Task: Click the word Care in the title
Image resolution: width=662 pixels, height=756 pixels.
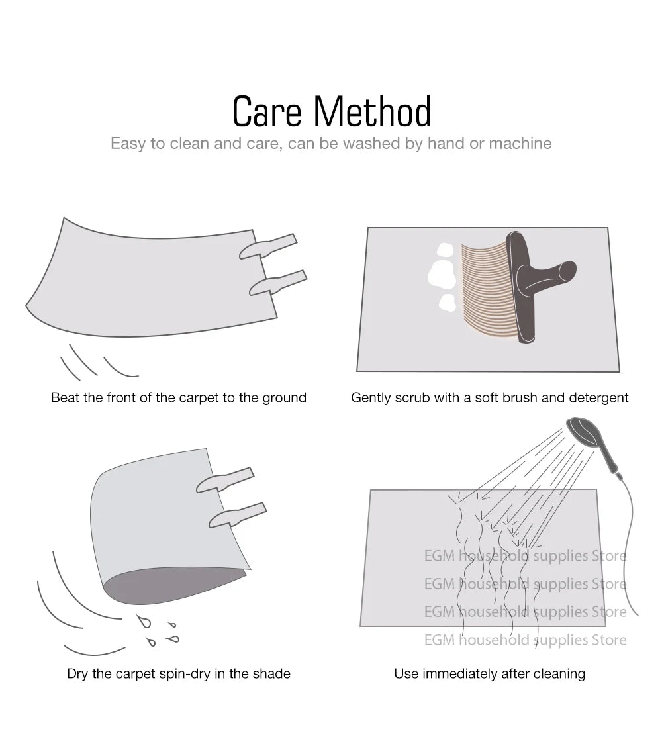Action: (x=267, y=111)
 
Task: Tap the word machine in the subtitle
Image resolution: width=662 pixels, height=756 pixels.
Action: (x=520, y=143)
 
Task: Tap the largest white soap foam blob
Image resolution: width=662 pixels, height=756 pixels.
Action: (x=442, y=275)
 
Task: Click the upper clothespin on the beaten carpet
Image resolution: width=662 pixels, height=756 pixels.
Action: (x=268, y=246)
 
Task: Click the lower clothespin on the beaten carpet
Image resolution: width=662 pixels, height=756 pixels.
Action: (x=278, y=283)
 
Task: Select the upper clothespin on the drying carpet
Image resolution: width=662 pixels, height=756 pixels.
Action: (x=224, y=480)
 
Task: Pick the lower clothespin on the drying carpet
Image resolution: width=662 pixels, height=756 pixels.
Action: (x=237, y=515)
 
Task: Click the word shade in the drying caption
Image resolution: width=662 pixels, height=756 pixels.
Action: (x=273, y=673)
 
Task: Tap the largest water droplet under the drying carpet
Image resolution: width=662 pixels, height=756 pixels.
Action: (x=144, y=621)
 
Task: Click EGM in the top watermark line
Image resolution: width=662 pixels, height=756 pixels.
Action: (x=440, y=556)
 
